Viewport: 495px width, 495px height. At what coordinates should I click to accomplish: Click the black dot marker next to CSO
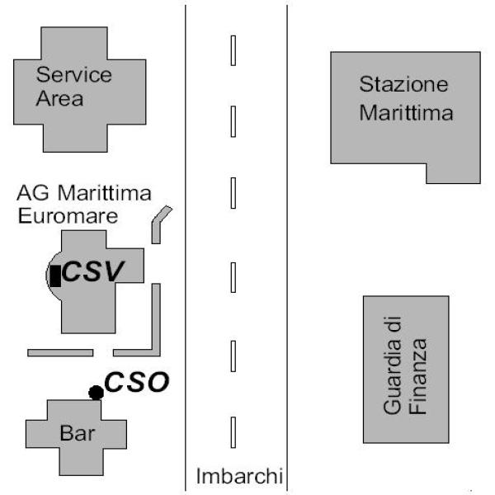pyautogui.click(x=96, y=393)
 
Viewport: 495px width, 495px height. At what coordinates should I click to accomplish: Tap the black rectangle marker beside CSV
pyautogui.click(x=55, y=276)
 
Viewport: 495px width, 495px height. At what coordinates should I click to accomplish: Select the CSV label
pyautogui.click(x=93, y=271)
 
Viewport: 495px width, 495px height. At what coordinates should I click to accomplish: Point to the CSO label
pyautogui.click(x=137, y=382)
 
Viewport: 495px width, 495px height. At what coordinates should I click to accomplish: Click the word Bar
pyautogui.click(x=78, y=433)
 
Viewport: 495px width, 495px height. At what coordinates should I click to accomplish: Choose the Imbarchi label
pyautogui.click(x=239, y=476)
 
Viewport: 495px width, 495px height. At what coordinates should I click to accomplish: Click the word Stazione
pyautogui.click(x=403, y=84)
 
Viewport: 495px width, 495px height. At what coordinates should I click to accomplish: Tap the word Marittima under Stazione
pyautogui.click(x=406, y=113)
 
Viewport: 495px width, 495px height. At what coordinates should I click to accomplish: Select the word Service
pyautogui.click(x=74, y=74)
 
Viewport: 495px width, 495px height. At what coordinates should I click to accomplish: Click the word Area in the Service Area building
pyautogui.click(x=59, y=98)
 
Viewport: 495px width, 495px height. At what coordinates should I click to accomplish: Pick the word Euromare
pyautogui.click(x=68, y=216)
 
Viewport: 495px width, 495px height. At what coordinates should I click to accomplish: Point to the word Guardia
pyautogui.click(x=393, y=365)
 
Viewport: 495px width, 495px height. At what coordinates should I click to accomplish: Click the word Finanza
pyautogui.click(x=417, y=376)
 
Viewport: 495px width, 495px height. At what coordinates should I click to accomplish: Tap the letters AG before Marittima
pyautogui.click(x=33, y=192)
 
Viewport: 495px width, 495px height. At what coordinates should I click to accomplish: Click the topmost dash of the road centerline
pyautogui.click(x=233, y=50)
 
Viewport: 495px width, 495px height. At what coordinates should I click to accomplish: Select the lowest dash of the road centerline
pyautogui.click(x=233, y=432)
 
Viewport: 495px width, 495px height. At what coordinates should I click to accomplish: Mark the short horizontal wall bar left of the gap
pyautogui.click(x=60, y=352)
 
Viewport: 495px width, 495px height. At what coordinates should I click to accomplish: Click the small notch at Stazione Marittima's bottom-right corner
pyautogui.click(x=453, y=173)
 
